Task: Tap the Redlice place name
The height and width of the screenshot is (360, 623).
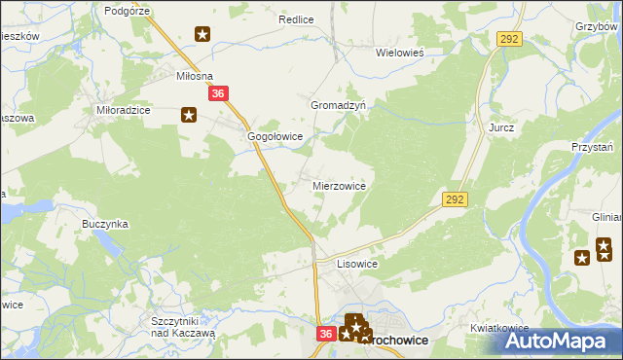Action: pyautogui.click(x=294, y=18)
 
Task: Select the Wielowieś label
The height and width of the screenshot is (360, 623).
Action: pyautogui.click(x=403, y=54)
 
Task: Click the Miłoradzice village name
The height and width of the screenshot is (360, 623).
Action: pyautogui.click(x=123, y=110)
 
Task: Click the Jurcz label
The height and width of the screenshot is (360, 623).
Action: pyautogui.click(x=501, y=127)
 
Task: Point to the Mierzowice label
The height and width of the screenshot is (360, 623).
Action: pyautogui.click(x=339, y=185)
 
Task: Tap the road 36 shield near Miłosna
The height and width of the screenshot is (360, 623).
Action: pyautogui.click(x=219, y=93)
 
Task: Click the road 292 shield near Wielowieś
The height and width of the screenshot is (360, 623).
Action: pyautogui.click(x=509, y=39)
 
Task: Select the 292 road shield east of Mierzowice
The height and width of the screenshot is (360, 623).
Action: pyautogui.click(x=455, y=198)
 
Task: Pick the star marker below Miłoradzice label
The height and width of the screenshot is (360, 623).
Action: pyautogui.click(x=189, y=116)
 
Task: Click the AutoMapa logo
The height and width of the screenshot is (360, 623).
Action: pyautogui.click(x=558, y=342)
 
